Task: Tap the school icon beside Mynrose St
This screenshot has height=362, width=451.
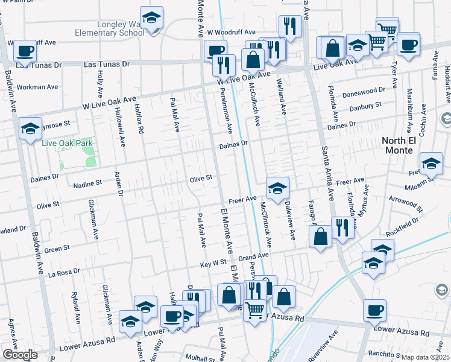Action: click(30, 129)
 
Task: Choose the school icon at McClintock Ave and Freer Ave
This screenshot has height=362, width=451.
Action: click(277, 188)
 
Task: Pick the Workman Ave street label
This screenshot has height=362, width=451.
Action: click(37, 87)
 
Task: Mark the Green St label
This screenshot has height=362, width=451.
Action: click(57, 247)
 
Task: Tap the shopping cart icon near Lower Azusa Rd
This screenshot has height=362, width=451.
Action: click(254, 310)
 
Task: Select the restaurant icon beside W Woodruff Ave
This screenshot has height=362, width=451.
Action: click(291, 26)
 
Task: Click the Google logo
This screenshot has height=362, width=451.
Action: click(20, 355)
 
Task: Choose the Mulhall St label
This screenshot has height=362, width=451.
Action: click(201, 357)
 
